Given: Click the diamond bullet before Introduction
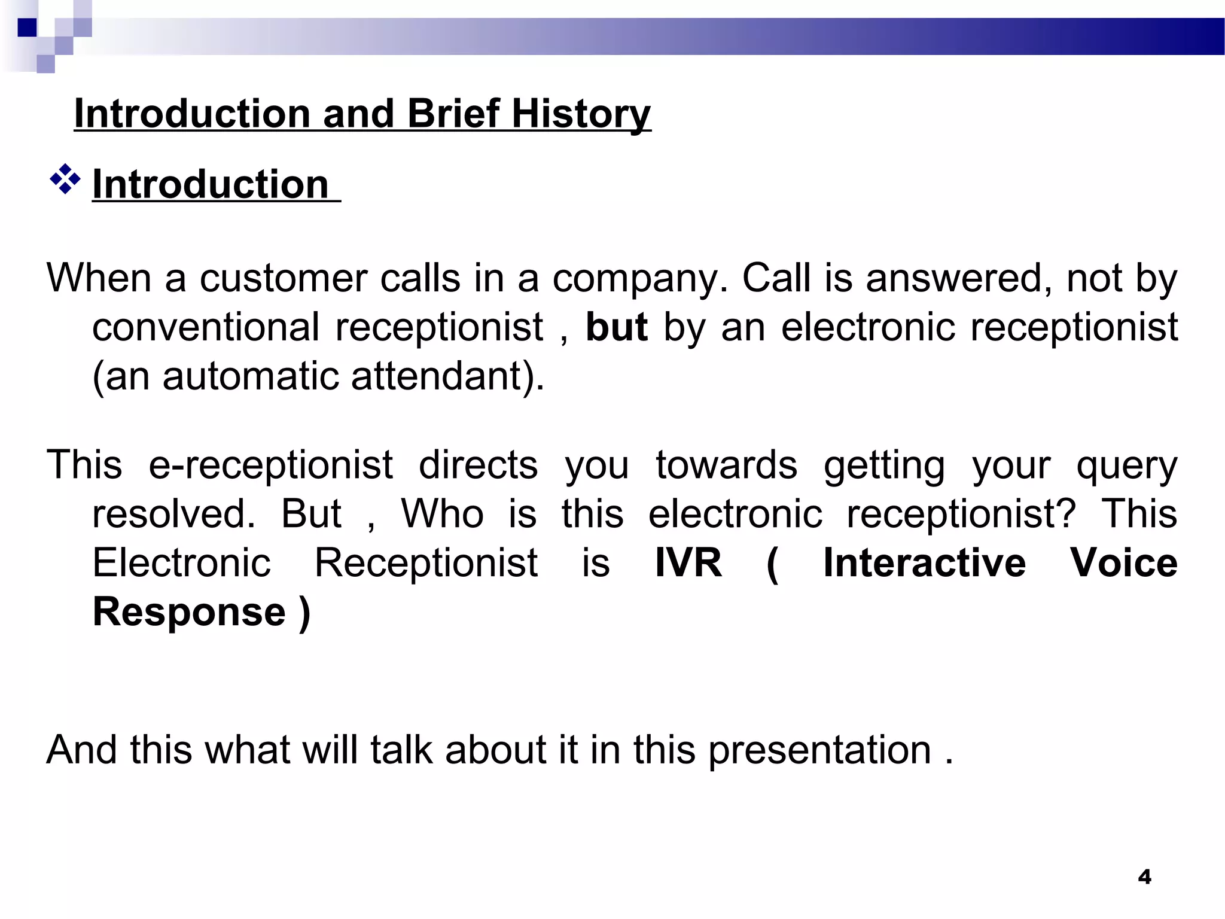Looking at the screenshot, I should [x=65, y=180].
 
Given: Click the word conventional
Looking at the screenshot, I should [x=206, y=328].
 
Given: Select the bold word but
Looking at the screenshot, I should [x=616, y=328].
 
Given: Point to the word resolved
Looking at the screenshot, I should [x=173, y=514].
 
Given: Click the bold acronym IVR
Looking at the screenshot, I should [x=688, y=563].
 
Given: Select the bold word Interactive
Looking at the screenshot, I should [x=924, y=563].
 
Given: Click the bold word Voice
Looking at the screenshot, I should [x=1123, y=563].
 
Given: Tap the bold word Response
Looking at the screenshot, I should [x=189, y=612].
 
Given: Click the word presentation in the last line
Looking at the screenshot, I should [x=819, y=751].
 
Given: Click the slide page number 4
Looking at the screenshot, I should [x=1144, y=877].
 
